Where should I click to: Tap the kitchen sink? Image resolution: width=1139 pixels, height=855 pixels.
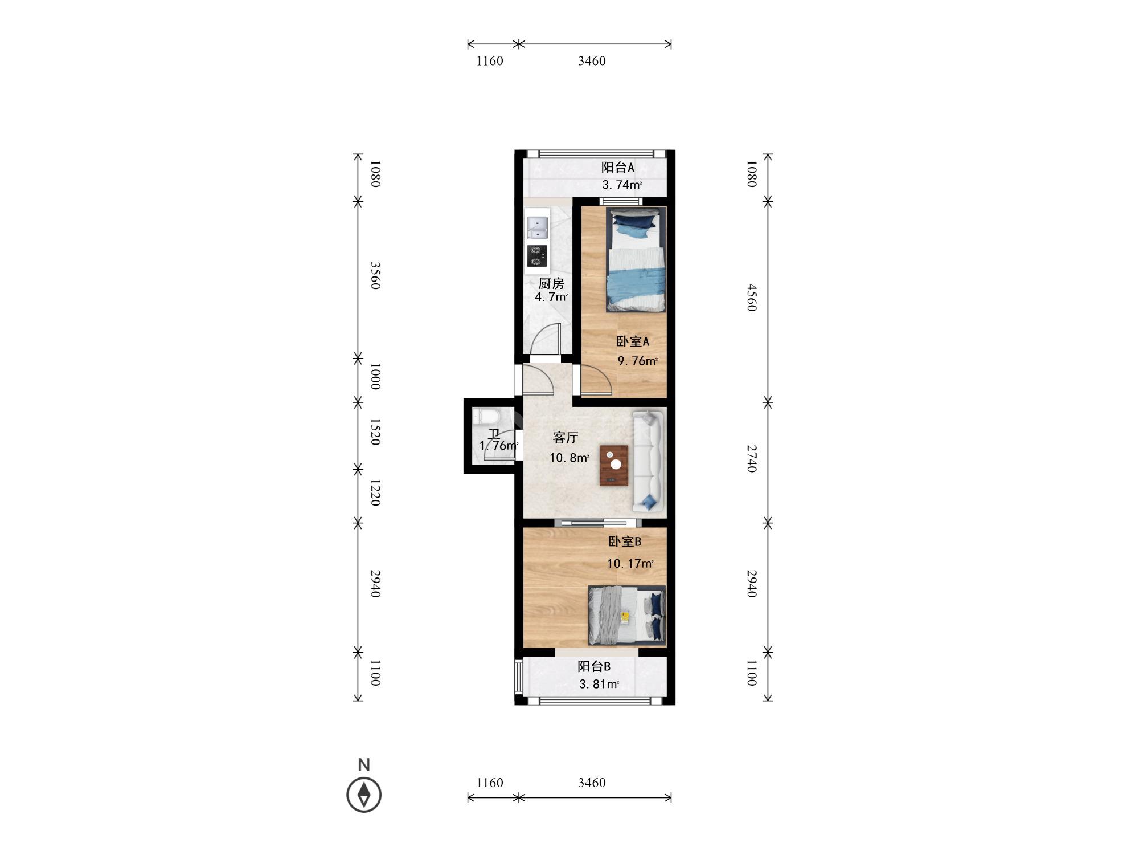point(138,227)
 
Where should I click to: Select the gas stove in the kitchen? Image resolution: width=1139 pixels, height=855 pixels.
point(138,256)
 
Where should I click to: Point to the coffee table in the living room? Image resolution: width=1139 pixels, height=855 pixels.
point(614,465)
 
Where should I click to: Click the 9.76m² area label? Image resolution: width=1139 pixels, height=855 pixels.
point(638,361)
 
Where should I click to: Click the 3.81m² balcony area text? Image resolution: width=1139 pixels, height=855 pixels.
point(599,684)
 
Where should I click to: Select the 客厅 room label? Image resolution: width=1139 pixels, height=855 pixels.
point(566,438)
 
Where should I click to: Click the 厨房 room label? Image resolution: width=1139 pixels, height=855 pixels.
point(551,283)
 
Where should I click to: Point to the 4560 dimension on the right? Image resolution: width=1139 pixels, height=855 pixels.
point(752,297)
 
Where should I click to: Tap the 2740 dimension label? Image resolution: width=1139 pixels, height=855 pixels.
point(752,459)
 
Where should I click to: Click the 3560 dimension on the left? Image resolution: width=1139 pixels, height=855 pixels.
point(375,275)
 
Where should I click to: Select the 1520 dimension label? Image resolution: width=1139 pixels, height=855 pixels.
point(375,432)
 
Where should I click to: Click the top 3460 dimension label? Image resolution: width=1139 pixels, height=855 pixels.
point(592,61)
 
